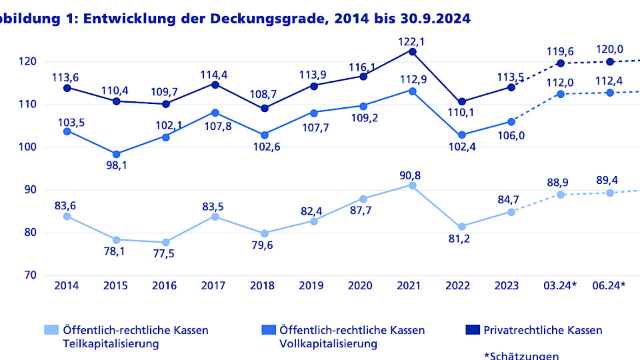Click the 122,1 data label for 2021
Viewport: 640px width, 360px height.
coord(412,41)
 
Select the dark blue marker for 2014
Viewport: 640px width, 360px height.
coord(67,88)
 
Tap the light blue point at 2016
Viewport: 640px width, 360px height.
coord(165,242)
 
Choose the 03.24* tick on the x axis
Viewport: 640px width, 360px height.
coord(560,286)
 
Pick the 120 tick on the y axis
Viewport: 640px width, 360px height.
coord(26,61)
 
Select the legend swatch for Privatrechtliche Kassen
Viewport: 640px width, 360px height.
coord(472,330)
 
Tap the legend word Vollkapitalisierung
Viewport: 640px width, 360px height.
coord(327,344)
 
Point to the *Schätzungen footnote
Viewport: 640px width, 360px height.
coord(521,356)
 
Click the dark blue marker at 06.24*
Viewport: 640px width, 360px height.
coord(609,62)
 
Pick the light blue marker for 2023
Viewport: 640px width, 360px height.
coord(511,212)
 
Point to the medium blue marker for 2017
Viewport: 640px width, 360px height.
coord(215,113)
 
